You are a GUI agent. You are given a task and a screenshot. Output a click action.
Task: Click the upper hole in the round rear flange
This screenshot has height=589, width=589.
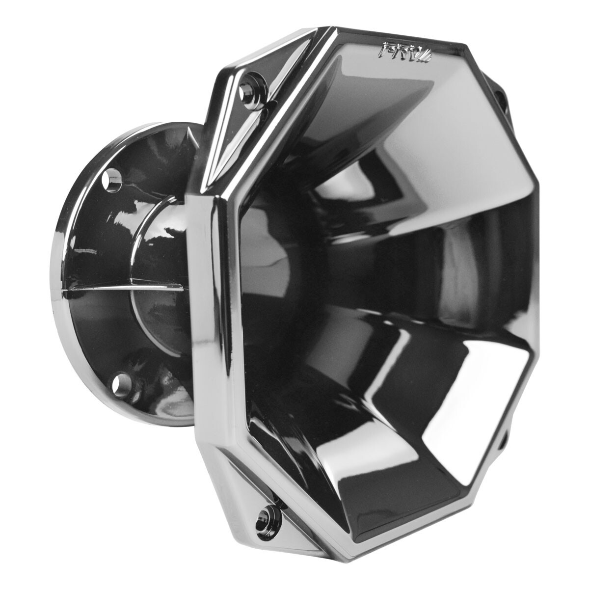111,179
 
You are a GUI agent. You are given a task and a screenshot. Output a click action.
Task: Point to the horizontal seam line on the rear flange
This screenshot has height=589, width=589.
98,289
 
